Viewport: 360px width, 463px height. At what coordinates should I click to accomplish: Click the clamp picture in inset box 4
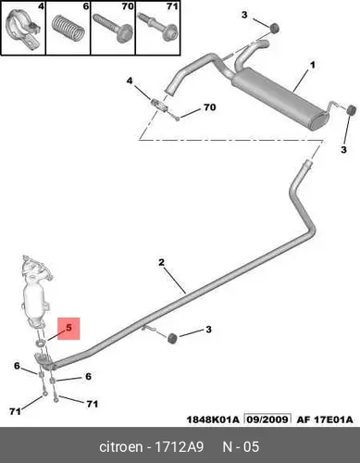[x=23, y=31]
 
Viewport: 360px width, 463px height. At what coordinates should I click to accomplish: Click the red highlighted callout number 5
[x=68, y=328]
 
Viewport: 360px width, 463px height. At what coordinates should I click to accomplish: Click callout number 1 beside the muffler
[x=313, y=65]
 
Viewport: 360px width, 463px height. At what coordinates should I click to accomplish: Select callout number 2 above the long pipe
[x=162, y=263]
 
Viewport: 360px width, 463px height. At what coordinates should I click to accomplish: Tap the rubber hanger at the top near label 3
[x=274, y=28]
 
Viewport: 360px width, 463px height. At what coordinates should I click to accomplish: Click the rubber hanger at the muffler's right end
[x=351, y=110]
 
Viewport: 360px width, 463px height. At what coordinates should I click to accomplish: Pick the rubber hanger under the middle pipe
[x=172, y=338]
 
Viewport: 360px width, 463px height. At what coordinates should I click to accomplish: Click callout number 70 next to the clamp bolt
[x=210, y=107]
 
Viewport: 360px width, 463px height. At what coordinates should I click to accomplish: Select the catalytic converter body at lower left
[x=36, y=296]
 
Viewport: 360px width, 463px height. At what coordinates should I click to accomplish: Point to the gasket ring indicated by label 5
[x=41, y=342]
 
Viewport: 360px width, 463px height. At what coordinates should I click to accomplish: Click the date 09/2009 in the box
[x=267, y=419]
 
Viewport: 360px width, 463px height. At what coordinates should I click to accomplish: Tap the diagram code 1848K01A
[x=213, y=419]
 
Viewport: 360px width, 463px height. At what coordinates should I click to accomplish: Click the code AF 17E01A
[x=325, y=419]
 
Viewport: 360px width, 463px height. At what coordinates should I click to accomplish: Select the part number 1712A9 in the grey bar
[x=179, y=447]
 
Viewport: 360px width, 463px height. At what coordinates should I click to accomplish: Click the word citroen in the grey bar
[x=121, y=447]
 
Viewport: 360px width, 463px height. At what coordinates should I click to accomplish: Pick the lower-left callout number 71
[x=15, y=411]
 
